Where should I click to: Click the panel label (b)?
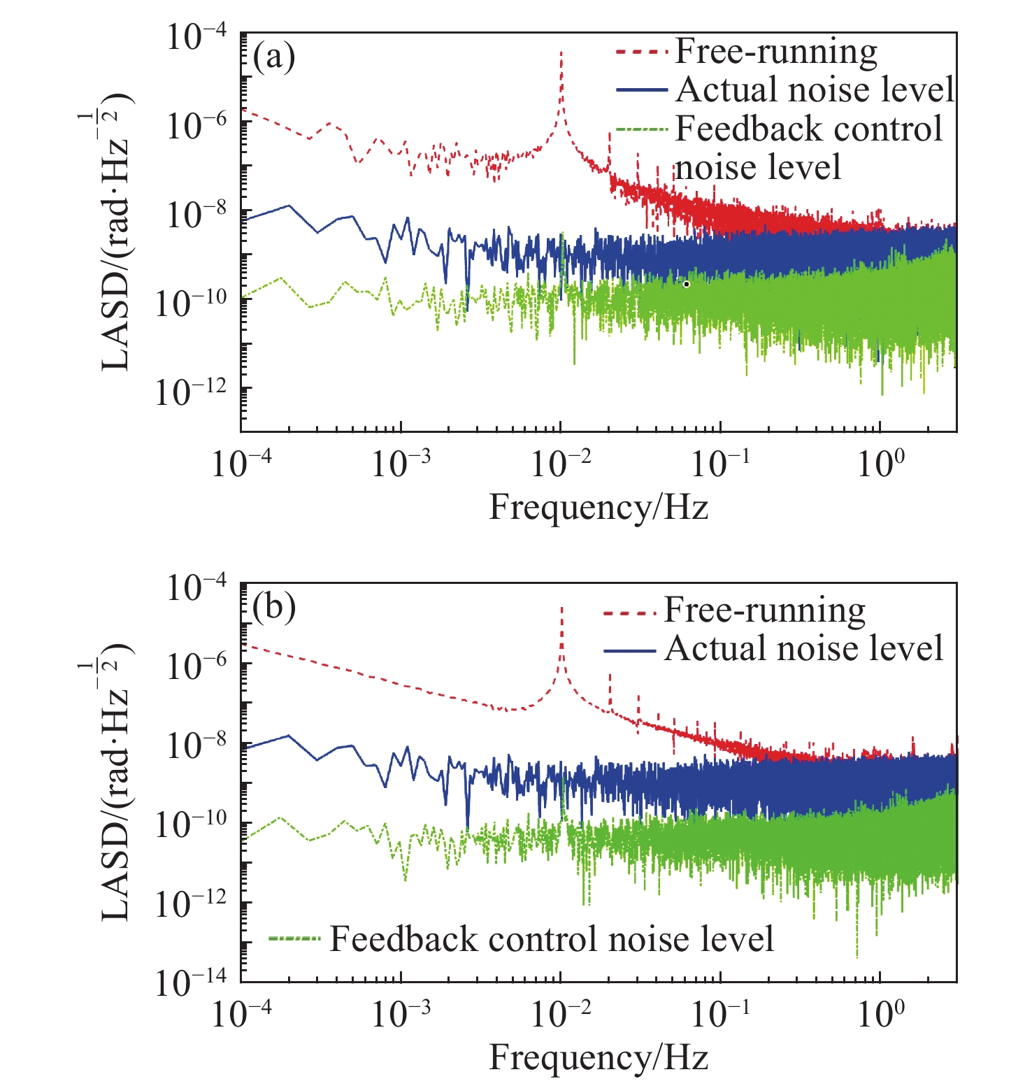tap(274, 607)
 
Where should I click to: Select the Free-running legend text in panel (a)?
tap(776, 52)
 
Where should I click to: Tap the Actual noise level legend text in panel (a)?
tap(815, 90)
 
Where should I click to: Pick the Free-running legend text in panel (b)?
tap(764, 610)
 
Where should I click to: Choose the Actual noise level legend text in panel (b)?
tap(804, 649)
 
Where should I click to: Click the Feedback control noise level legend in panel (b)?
tap(552, 938)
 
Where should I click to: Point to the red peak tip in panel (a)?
tap(561, 52)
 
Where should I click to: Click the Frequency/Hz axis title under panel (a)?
tap(599, 506)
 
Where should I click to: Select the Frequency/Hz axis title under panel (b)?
tap(599, 1057)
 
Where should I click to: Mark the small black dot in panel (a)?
tap(687, 284)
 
